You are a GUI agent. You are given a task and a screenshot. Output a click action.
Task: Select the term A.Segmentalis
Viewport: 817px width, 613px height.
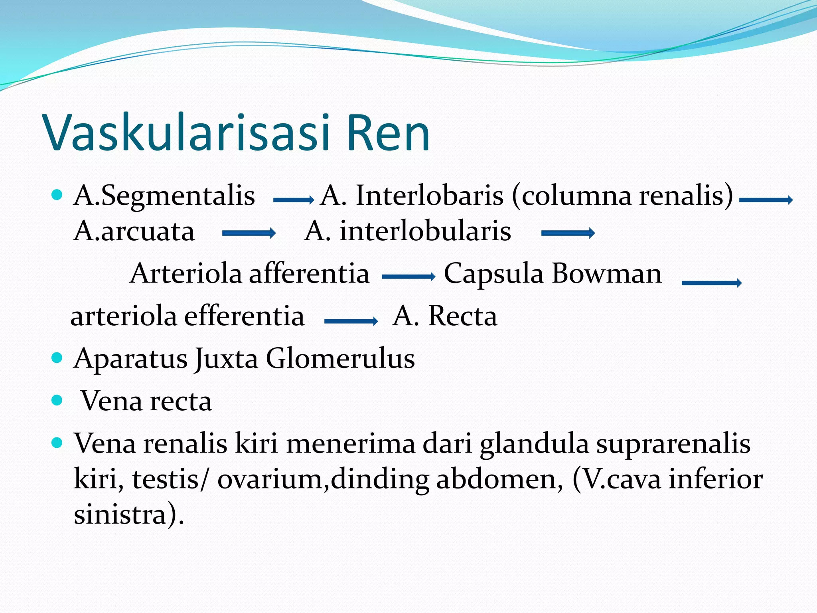coord(164,196)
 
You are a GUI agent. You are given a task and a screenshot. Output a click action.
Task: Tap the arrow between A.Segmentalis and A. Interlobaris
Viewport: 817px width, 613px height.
coord(294,200)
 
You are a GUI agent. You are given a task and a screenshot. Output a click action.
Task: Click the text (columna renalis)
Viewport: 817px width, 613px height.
coord(622,196)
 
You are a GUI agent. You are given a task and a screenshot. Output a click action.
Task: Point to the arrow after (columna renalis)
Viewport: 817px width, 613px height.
coord(766,200)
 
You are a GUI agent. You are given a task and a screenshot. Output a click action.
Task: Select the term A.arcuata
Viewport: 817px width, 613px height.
coord(134,231)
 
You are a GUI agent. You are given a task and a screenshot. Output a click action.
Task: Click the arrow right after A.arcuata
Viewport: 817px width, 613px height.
coord(249,233)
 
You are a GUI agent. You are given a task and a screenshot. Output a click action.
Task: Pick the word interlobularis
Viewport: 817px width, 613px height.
coord(425,231)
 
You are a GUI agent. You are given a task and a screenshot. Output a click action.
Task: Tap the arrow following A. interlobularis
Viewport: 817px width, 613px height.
coord(568,233)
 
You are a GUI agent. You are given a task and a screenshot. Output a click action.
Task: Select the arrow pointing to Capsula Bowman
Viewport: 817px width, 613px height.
coord(408,276)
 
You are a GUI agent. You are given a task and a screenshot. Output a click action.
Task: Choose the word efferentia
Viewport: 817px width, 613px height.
coord(244,316)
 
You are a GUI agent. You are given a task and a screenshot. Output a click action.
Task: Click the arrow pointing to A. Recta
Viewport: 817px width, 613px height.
coord(351,321)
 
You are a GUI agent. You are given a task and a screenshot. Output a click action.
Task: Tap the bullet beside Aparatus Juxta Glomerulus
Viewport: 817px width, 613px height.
coord(57,357)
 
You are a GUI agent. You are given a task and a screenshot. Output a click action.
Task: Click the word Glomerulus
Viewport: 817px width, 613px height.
coord(340,358)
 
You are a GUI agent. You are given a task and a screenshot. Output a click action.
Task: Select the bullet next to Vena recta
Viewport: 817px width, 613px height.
coord(57,400)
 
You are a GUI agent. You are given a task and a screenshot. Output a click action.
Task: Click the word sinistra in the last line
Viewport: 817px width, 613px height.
coord(120,515)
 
